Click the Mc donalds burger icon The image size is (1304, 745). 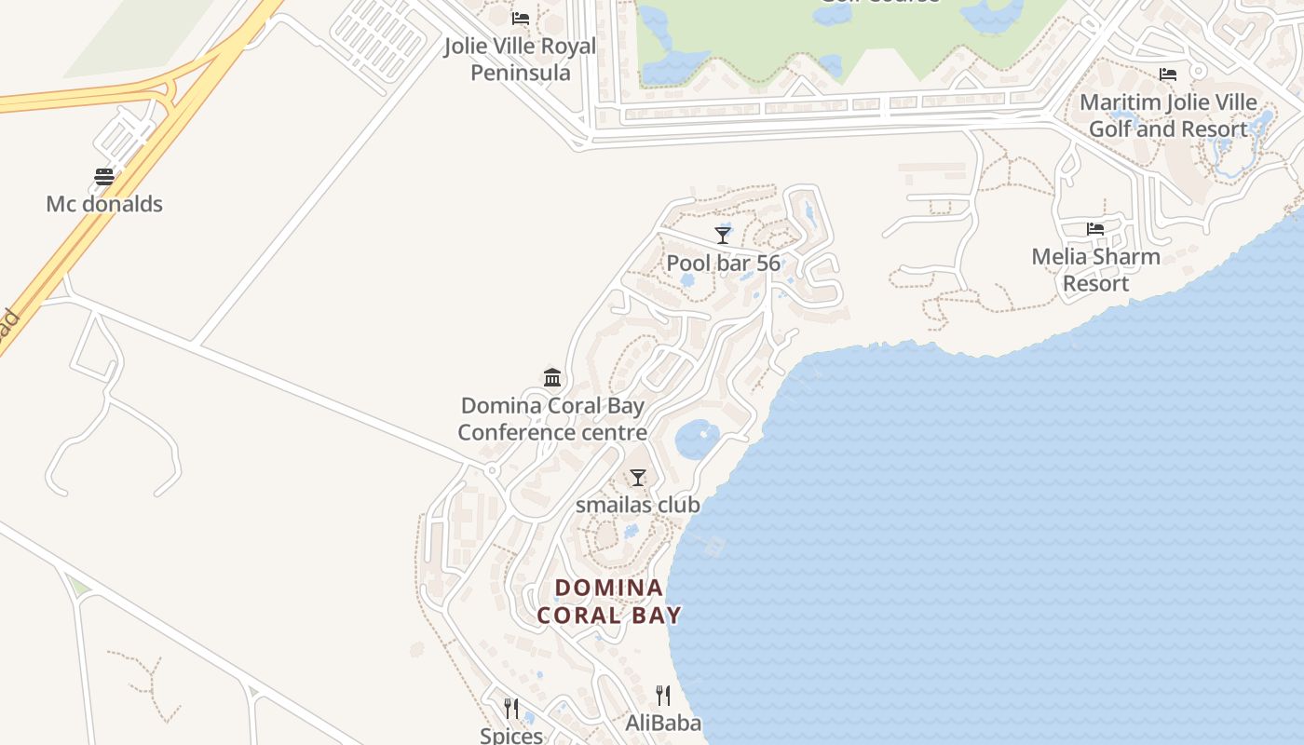[x=104, y=177]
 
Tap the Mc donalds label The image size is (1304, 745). [x=104, y=204]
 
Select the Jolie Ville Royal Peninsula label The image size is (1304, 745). [x=520, y=59]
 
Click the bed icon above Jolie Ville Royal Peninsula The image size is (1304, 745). [x=521, y=19]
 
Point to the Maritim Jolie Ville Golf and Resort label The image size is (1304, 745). [x=1168, y=115]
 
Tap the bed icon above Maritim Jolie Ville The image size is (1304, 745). [x=1168, y=74]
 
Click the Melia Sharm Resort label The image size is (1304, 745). [x=1095, y=269]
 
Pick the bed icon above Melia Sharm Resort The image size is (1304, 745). [x=1095, y=228]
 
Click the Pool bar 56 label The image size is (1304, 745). [x=723, y=264]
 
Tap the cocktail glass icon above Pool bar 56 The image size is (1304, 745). [x=723, y=235]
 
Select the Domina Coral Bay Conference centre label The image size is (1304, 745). [x=552, y=419]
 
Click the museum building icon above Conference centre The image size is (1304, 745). [x=552, y=377]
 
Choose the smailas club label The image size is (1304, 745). [x=637, y=505]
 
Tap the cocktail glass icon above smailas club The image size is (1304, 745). [x=638, y=478]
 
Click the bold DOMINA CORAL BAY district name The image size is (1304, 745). [x=609, y=602]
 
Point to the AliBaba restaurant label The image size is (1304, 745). [x=663, y=723]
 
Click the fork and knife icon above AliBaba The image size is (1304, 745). [x=663, y=695]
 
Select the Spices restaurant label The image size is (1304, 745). [x=511, y=735]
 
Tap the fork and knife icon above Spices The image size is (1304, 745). [x=510, y=709]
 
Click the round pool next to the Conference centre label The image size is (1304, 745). [x=697, y=439]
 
